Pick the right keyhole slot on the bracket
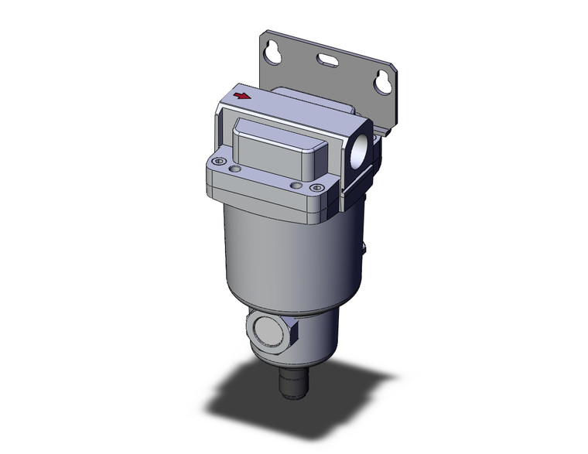[x=381, y=82]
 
